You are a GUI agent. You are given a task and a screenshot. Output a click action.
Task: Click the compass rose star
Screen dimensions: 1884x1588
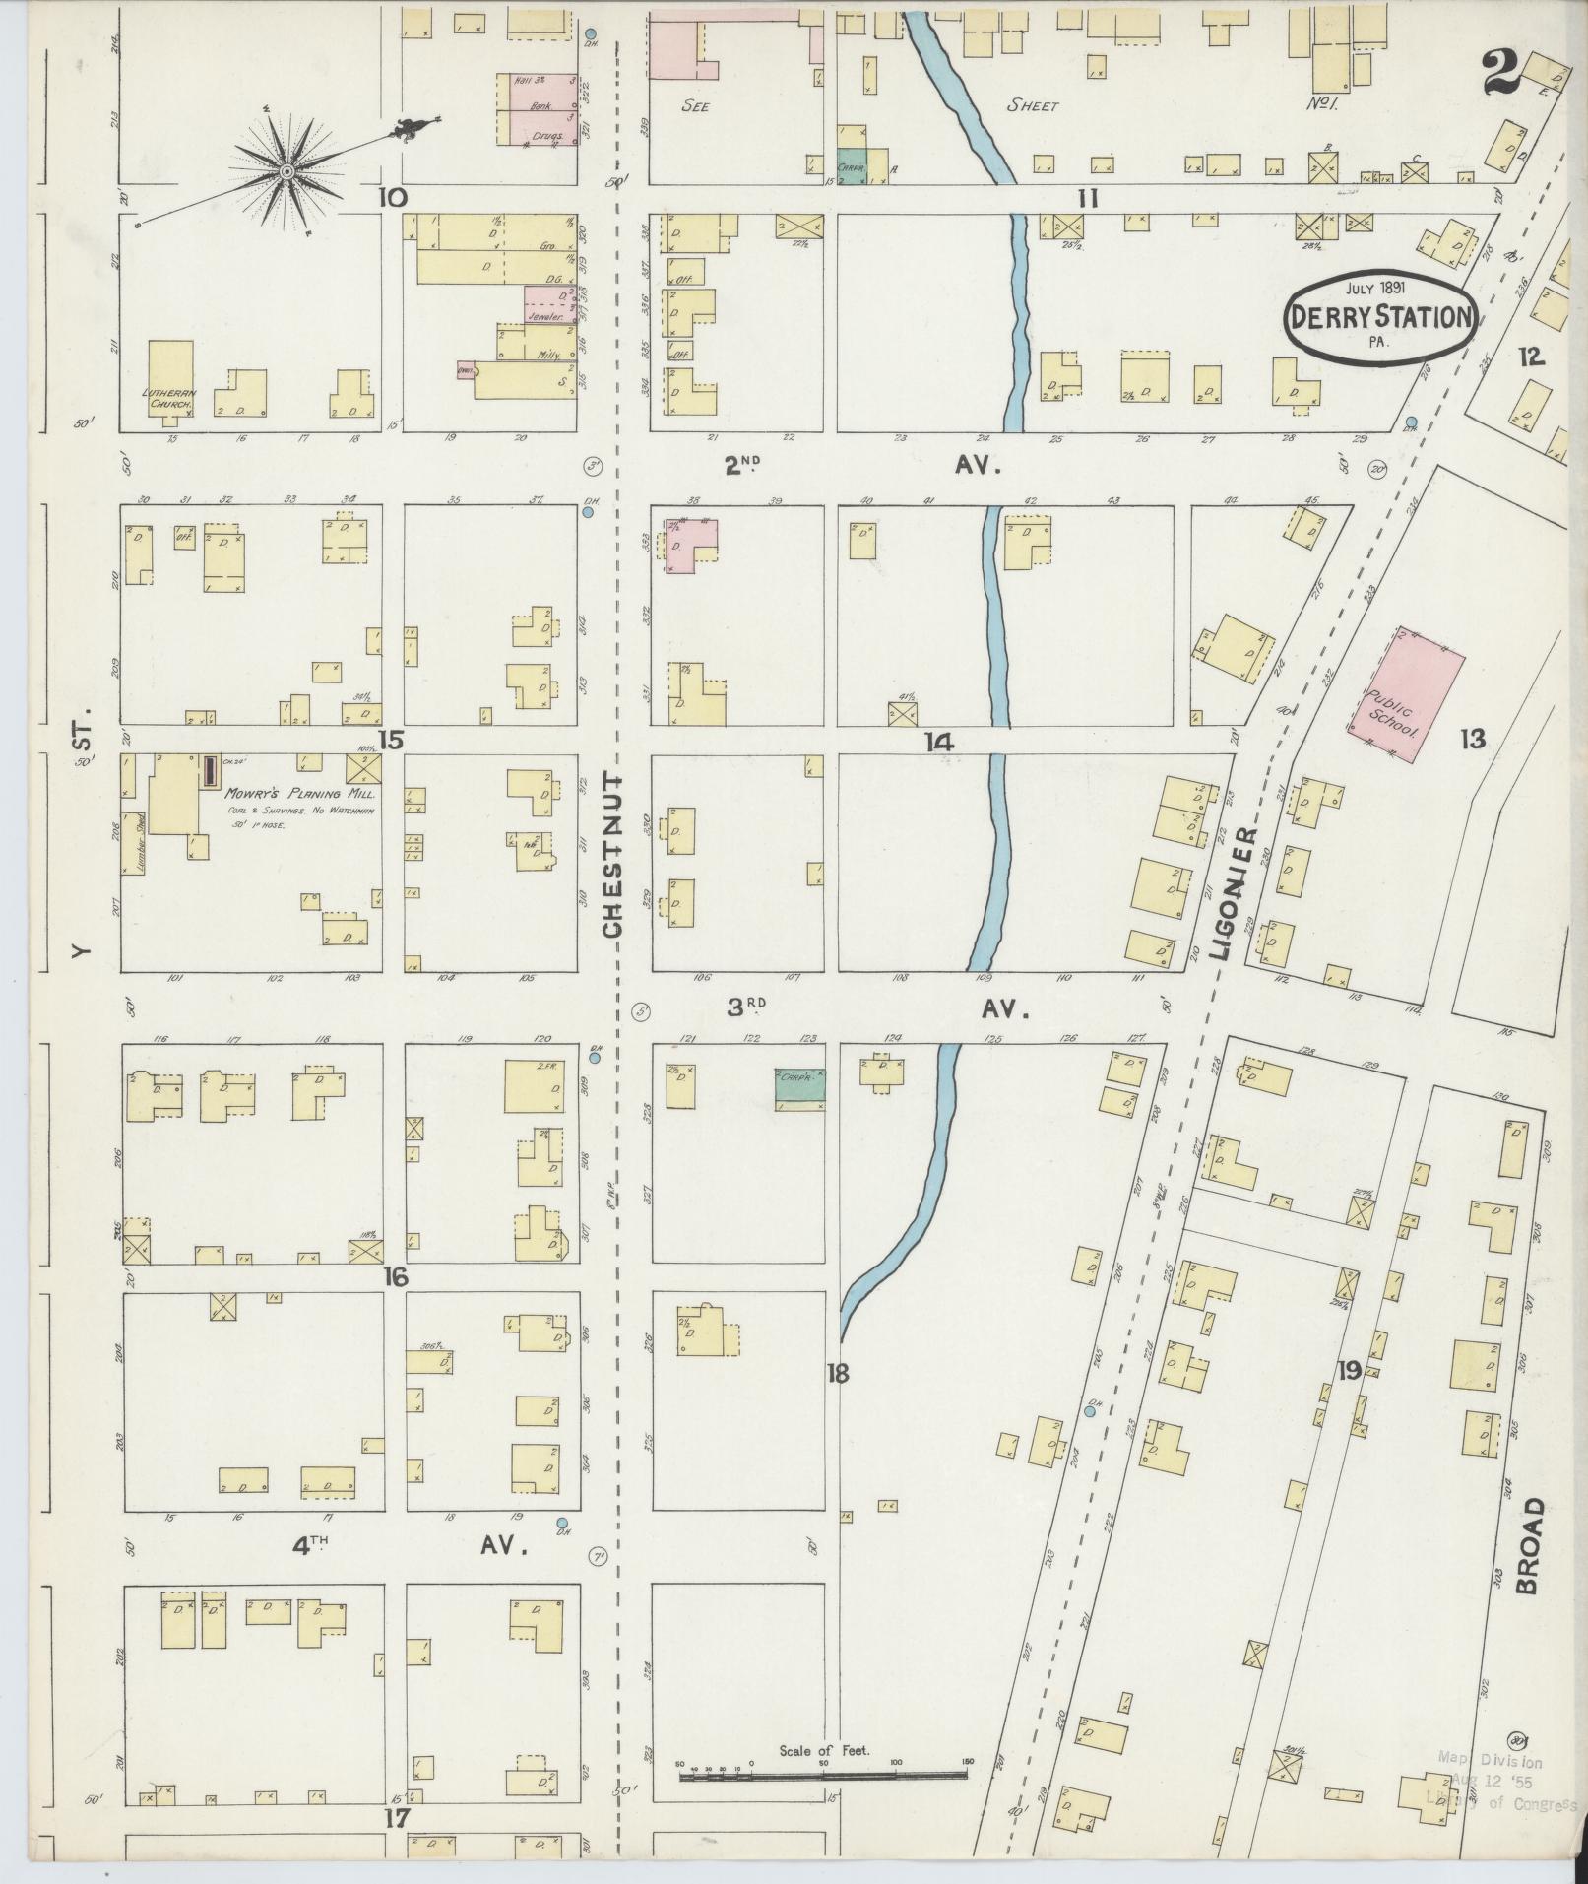[x=286, y=172]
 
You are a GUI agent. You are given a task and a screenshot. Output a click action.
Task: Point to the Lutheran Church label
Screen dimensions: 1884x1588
[x=169, y=398]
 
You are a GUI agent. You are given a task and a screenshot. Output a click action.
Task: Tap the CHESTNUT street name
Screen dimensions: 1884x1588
[x=613, y=868]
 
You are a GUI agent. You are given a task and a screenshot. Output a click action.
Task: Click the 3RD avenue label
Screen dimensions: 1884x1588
[x=746, y=1007]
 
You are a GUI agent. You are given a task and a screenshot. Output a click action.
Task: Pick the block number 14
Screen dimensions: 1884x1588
[x=940, y=743]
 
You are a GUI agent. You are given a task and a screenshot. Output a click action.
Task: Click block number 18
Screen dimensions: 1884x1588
[x=837, y=1373]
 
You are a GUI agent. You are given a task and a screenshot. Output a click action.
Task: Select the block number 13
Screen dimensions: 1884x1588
[x=1472, y=739]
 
